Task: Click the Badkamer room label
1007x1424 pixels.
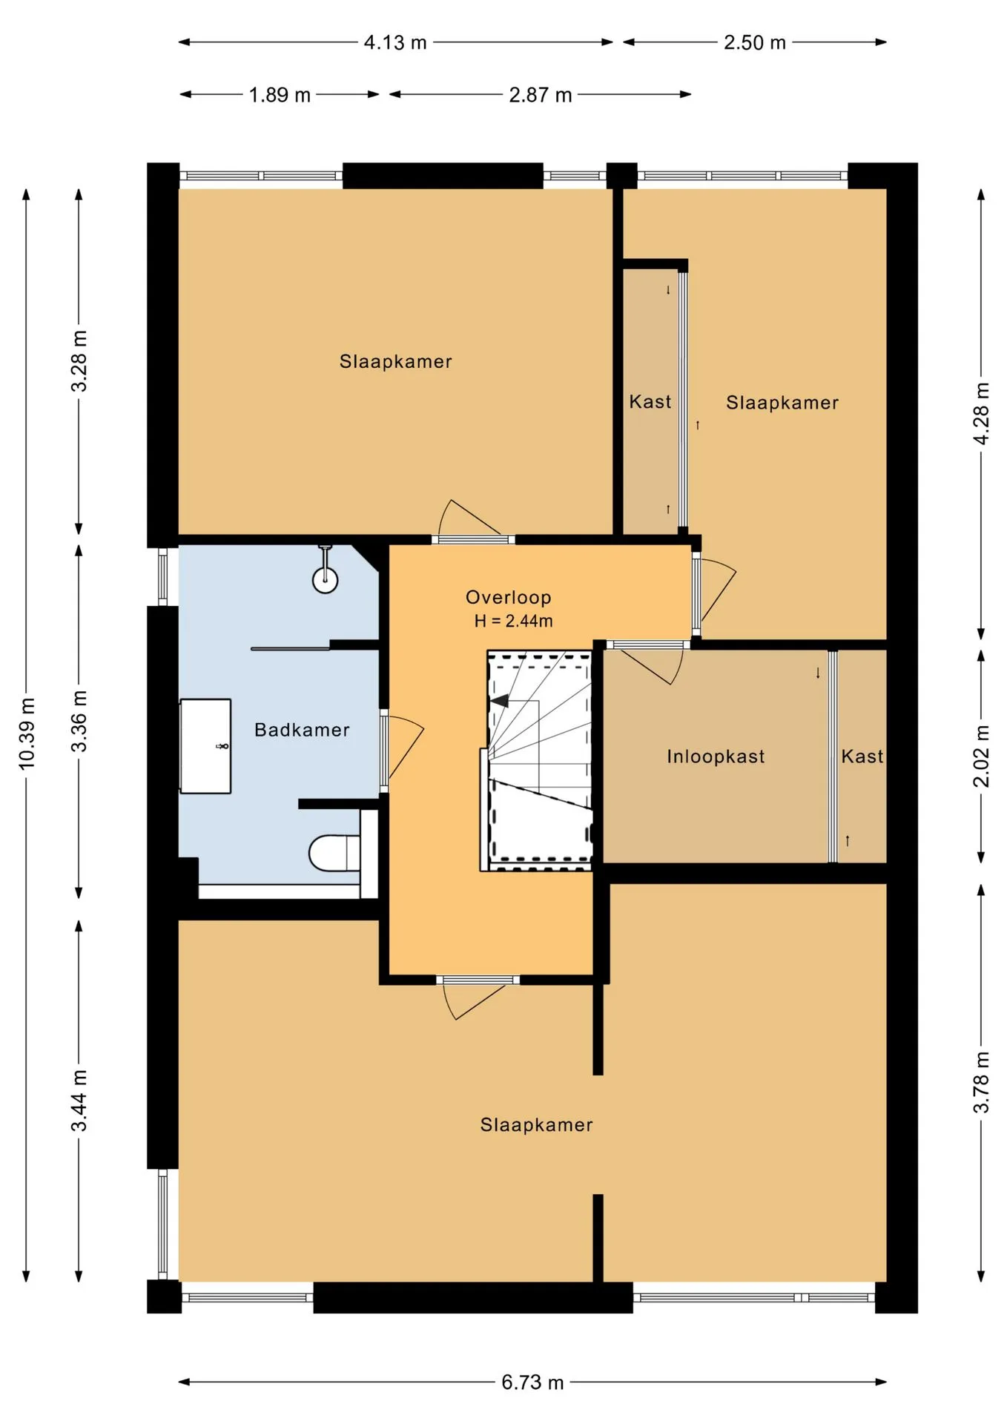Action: coord(302,730)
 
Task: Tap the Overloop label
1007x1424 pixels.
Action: coord(509,597)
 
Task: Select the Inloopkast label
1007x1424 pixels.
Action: coord(716,756)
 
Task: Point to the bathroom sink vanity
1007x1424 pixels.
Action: coord(205,746)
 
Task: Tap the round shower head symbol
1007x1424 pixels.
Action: coord(326,579)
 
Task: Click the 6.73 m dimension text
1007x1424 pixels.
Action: coord(532,1382)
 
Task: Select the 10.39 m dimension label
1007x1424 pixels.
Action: coord(27,734)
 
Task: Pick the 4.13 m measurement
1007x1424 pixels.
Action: coord(395,42)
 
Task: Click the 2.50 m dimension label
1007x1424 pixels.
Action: coord(755,42)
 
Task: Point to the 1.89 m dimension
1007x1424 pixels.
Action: coord(280,95)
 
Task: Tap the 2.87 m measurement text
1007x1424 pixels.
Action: coord(541,95)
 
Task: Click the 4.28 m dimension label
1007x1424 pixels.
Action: coord(981,414)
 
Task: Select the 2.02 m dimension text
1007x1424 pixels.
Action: coord(981,756)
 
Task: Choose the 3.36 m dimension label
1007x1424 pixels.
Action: coord(79,721)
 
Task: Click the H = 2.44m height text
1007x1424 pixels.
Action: coord(514,621)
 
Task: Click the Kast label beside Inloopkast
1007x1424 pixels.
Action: coord(862,756)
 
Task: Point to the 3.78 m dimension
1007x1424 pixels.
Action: coord(981,1083)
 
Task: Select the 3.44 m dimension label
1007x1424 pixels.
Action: coord(79,1101)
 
